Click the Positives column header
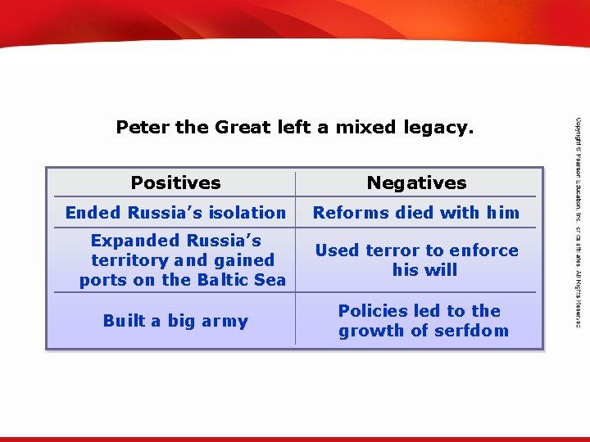click(175, 183)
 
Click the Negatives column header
click(416, 183)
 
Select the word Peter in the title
click(143, 127)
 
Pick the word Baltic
click(220, 280)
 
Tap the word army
click(225, 321)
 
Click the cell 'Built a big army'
click(175, 321)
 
